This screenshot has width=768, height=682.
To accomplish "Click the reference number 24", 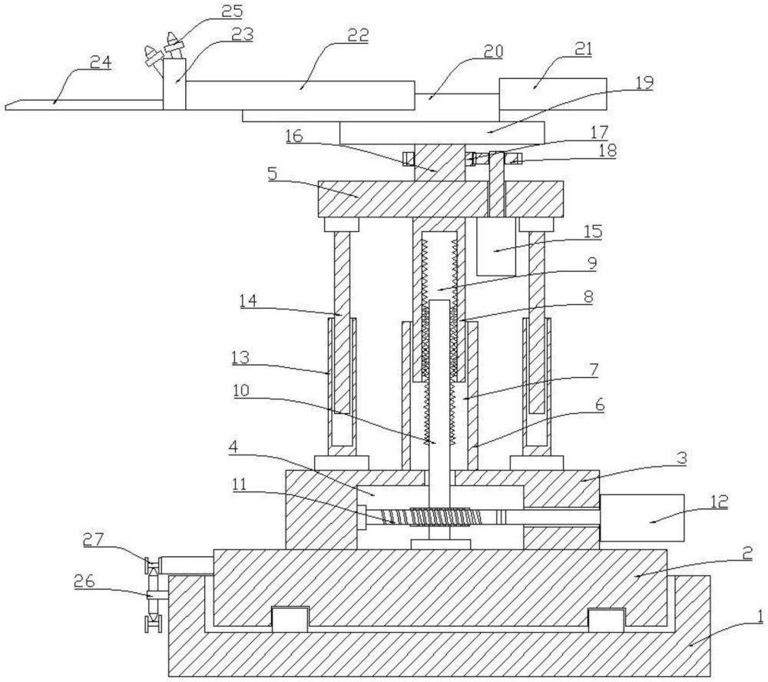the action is point(101,63).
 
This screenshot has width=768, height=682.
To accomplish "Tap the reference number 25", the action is point(232,10).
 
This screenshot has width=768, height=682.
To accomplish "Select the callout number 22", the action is point(358,35).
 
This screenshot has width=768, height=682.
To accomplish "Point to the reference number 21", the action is point(582,48).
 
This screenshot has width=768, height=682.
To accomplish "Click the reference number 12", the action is point(720,502).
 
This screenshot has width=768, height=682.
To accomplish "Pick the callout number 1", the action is point(760,616).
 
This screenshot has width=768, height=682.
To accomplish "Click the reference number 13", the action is point(240,358).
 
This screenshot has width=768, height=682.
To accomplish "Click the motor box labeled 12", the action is point(641,518).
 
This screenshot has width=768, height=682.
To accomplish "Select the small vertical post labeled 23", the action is point(175,83).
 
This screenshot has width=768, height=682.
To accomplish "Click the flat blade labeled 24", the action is point(84,104).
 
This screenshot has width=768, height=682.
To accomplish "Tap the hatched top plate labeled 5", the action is point(440,199).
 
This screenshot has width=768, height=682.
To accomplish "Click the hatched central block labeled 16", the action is point(439,163).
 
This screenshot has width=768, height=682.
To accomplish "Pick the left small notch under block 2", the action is point(290,619).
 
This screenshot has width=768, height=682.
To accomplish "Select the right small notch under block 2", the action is point(607,619).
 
